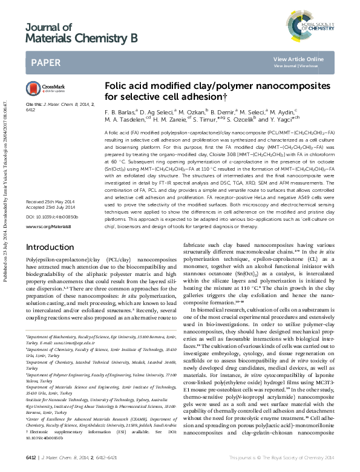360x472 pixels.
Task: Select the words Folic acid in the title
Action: (x=126, y=86)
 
